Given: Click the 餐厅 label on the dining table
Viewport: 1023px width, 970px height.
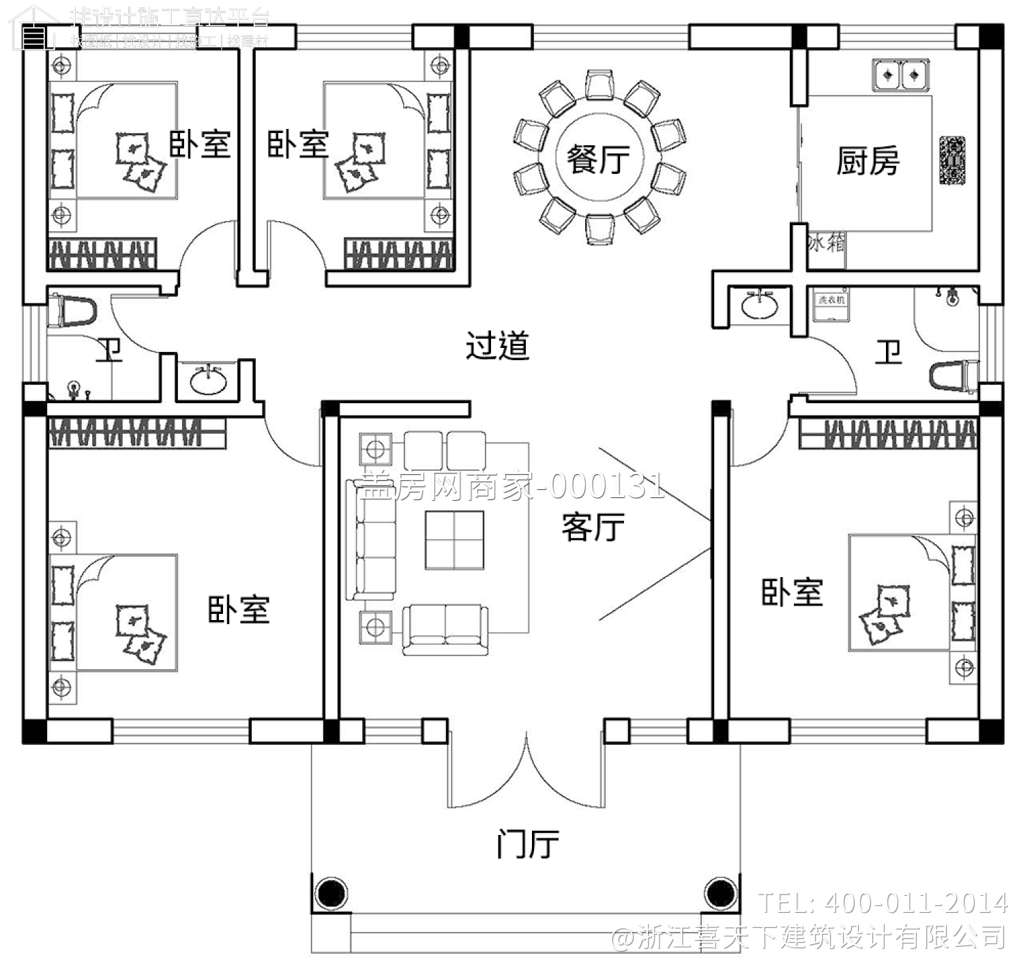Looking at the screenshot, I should pyautogui.click(x=598, y=160).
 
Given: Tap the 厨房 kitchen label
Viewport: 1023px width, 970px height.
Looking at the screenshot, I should pyautogui.click(x=868, y=162).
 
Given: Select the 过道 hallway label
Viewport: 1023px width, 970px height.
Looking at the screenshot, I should pyautogui.click(x=497, y=346).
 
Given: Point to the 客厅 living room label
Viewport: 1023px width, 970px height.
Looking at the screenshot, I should pyautogui.click(x=593, y=527).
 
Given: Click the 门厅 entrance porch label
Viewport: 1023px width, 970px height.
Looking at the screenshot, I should pyautogui.click(x=527, y=844).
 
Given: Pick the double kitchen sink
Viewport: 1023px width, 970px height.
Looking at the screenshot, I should pyautogui.click(x=900, y=74).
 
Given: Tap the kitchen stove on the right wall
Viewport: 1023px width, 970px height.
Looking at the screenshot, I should pyautogui.click(x=952, y=161).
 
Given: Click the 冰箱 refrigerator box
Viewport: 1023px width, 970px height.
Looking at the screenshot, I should pyautogui.click(x=826, y=242).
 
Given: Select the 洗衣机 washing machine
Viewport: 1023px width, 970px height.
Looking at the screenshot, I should pyautogui.click(x=831, y=305).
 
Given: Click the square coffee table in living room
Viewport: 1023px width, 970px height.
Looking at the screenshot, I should pyautogui.click(x=454, y=540).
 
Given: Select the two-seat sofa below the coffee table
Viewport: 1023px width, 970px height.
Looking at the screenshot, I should pyautogui.click(x=445, y=629).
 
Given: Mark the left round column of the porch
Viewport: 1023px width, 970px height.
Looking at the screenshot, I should pyautogui.click(x=331, y=892).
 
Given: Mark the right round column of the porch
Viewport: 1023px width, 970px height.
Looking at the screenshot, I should pyautogui.click(x=719, y=892).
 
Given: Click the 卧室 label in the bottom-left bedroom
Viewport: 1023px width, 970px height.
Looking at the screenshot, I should pyautogui.click(x=239, y=609).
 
